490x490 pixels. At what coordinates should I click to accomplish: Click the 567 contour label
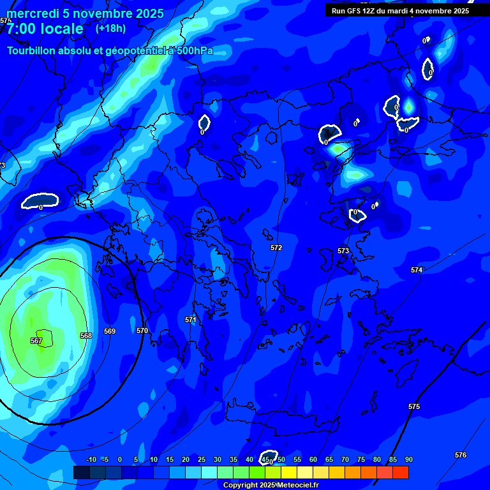pyautogui.click(x=36, y=341)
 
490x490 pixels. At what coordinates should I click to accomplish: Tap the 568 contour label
pyautogui.click(x=86, y=336)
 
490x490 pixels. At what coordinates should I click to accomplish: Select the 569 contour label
pyautogui.click(x=110, y=331)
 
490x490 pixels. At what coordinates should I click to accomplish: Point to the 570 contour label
pyautogui.click(x=142, y=330)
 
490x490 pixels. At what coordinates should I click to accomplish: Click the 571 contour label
pyautogui.click(x=191, y=320)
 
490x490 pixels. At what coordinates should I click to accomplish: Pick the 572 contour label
pyautogui.click(x=276, y=248)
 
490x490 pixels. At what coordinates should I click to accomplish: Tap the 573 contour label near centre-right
pyautogui.click(x=343, y=251)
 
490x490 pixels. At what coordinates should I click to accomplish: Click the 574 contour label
pyautogui.click(x=417, y=270)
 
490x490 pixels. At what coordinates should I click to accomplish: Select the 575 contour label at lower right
pyautogui.click(x=414, y=406)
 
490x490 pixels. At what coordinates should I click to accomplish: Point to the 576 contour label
pyautogui.click(x=461, y=455)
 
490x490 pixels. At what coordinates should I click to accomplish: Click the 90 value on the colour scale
pyautogui.click(x=408, y=459)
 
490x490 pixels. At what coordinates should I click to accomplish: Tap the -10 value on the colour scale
pyautogui.click(x=91, y=459)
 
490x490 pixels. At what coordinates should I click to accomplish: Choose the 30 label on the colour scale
pyautogui.click(x=218, y=459)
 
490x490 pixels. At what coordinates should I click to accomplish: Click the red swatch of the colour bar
pyautogui.click(x=401, y=472)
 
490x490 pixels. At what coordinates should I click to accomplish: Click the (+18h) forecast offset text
pyautogui.click(x=110, y=28)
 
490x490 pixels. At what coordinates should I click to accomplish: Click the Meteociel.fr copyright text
pyautogui.click(x=297, y=486)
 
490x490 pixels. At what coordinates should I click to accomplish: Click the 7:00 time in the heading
pyautogui.click(x=24, y=29)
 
